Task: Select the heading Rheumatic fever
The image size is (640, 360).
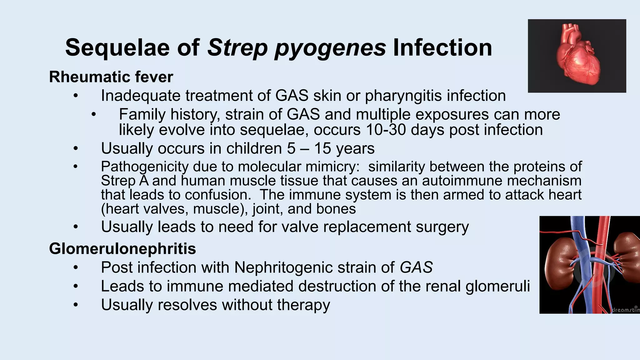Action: (x=111, y=77)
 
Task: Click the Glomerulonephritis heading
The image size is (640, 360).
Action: (x=122, y=249)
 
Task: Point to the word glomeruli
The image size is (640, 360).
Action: (x=497, y=287)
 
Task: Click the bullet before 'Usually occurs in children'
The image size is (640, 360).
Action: (x=75, y=148)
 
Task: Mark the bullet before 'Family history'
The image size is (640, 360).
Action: (x=93, y=114)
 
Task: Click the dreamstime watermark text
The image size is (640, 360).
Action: (x=625, y=310)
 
